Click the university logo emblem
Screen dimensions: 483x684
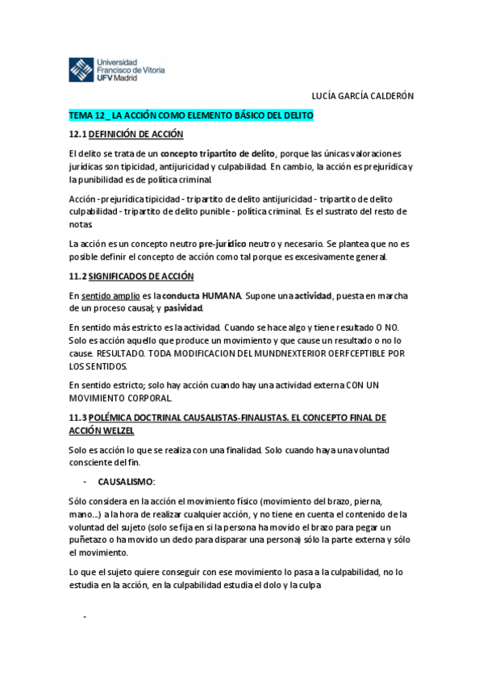click(81, 69)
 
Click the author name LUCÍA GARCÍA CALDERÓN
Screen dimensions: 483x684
click(362, 96)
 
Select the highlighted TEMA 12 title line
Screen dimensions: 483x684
click(191, 116)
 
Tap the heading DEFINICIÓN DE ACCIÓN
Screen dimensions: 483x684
click(136, 134)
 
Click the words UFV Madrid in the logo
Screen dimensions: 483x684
click(116, 77)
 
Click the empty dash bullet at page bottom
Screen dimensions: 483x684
click(85, 617)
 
